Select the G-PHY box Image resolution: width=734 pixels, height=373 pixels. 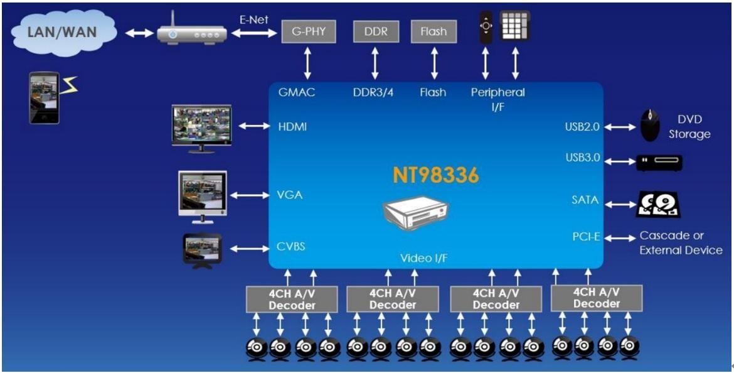point(307,31)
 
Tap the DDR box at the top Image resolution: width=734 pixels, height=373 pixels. point(375,31)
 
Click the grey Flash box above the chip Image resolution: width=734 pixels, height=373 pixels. point(433,31)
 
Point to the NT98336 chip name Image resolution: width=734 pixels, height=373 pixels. point(436,175)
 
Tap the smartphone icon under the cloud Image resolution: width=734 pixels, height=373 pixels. point(45,97)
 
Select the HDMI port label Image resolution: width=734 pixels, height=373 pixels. point(292,127)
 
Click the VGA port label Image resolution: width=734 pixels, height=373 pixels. point(290,195)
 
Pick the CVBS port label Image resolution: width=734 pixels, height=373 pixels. point(291,247)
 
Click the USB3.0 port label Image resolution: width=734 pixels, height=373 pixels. point(582,158)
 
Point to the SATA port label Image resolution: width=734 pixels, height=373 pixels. point(585,201)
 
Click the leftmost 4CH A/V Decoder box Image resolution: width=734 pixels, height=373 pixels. point(289,298)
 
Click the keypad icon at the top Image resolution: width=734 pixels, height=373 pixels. point(515,26)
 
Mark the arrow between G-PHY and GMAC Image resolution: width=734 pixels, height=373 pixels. point(307,63)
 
